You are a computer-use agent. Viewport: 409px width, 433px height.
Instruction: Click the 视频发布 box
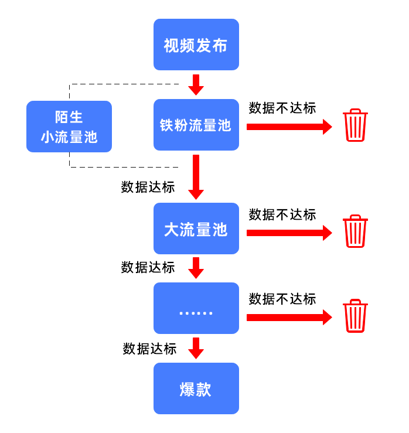pyautogui.click(x=196, y=45)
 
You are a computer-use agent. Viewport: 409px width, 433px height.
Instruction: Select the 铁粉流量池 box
pyautogui.click(x=196, y=125)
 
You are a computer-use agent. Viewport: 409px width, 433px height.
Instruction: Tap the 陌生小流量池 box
pyautogui.click(x=69, y=127)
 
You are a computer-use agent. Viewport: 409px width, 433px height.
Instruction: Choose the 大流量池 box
pyautogui.click(x=196, y=229)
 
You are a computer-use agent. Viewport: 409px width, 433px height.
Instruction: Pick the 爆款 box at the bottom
pyautogui.click(x=196, y=388)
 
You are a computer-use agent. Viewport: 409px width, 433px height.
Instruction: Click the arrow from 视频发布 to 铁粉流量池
pyautogui.click(x=196, y=84)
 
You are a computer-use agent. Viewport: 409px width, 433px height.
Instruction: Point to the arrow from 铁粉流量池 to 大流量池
pyautogui.click(x=196, y=176)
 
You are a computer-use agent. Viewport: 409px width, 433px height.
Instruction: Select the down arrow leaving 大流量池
pyautogui.click(x=196, y=268)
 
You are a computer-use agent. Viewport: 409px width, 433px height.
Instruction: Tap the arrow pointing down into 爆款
pyautogui.click(x=196, y=348)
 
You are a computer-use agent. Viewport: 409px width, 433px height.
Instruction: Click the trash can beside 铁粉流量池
pyautogui.click(x=355, y=125)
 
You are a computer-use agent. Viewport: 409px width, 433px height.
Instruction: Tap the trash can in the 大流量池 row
pyautogui.click(x=355, y=231)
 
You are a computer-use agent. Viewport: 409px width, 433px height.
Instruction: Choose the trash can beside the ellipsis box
pyautogui.click(x=355, y=316)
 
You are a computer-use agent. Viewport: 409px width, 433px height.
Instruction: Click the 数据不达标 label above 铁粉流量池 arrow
pyautogui.click(x=282, y=108)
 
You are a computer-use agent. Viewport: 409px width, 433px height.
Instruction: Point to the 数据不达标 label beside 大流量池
pyautogui.click(x=282, y=214)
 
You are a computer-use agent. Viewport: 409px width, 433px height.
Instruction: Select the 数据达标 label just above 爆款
pyautogui.click(x=149, y=349)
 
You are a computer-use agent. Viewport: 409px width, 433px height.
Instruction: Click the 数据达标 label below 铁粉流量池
pyautogui.click(x=148, y=187)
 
